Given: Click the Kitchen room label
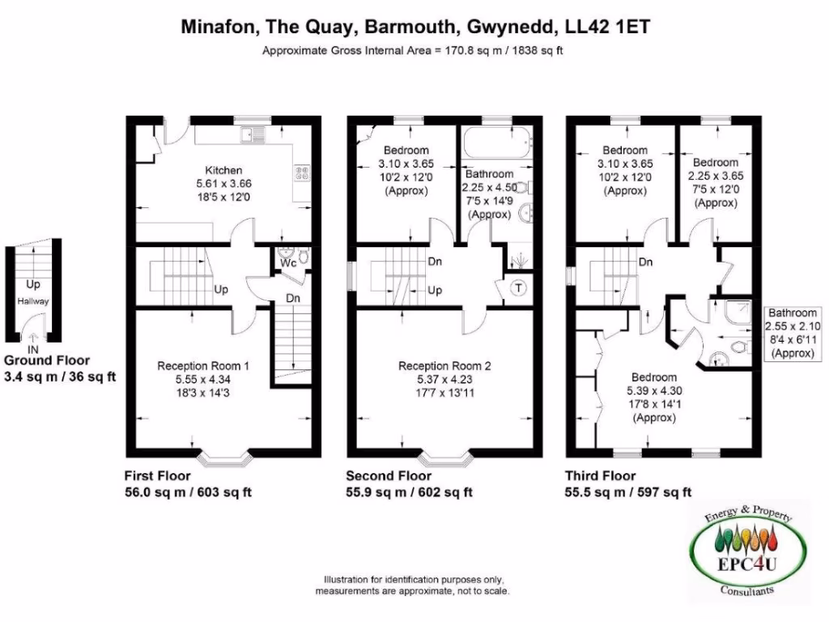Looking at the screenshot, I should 223,171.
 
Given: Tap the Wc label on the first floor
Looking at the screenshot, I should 287,263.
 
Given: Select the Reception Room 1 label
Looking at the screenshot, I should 202,366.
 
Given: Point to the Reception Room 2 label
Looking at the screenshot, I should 444,366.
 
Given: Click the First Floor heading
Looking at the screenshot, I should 157,475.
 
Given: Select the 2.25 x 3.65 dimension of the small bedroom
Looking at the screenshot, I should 715,175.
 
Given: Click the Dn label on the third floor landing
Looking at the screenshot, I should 646,262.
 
